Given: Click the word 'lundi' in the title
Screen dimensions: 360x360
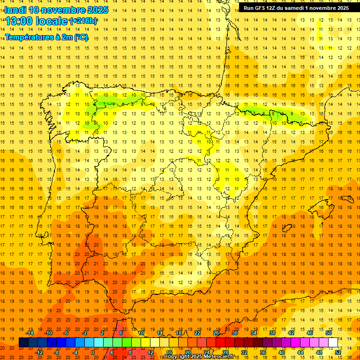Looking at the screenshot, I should (15, 10).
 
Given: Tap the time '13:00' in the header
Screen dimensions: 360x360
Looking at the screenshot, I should (20, 21).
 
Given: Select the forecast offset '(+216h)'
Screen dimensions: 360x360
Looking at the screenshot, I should (83, 21).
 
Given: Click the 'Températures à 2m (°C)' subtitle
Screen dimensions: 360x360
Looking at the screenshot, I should (46, 37).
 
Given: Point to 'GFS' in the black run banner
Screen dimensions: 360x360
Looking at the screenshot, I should (261, 8).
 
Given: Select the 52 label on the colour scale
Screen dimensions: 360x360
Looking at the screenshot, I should (338, 352).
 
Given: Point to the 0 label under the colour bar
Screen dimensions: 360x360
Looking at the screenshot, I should (93, 352).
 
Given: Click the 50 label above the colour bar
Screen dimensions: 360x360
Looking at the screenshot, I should (328, 333).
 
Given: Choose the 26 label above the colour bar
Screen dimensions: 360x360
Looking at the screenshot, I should (216, 333).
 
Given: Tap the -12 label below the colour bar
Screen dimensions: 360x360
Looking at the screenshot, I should (39, 352).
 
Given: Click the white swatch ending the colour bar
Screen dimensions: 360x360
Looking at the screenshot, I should (333, 342).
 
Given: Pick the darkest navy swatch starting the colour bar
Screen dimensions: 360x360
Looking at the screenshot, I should (23, 342).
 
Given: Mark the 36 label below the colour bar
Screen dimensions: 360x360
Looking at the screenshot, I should (263, 352).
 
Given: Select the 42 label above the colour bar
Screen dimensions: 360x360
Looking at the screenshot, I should (291, 333).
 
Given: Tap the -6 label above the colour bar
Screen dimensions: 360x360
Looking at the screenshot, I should (66, 333).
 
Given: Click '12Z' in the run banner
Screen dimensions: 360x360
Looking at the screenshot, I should (273, 8).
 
